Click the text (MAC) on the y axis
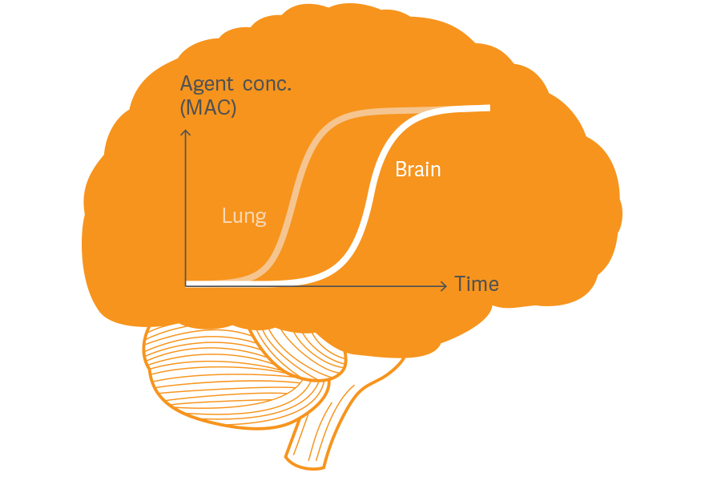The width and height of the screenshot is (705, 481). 209,107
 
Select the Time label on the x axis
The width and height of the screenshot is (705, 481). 477,285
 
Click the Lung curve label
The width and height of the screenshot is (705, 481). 244,216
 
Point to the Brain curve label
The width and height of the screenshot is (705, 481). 417,170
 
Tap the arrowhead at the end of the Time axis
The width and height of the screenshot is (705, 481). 443,285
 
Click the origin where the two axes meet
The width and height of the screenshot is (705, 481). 187,284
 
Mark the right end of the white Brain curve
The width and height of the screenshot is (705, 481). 488,107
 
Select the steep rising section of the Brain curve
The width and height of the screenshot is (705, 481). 370,196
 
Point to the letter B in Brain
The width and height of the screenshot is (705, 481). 401,170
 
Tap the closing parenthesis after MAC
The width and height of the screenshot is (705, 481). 234,107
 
